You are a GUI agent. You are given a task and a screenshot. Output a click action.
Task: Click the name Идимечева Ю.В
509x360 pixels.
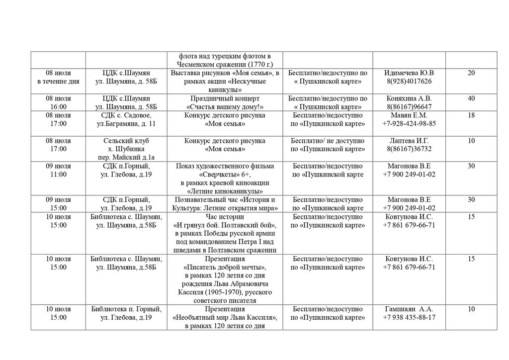click(409, 73)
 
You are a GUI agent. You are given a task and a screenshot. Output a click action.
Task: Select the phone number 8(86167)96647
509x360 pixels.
click(409, 107)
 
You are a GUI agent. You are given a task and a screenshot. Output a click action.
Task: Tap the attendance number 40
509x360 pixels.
click(471, 98)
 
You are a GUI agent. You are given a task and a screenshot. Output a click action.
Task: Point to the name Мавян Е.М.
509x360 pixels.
click(409, 115)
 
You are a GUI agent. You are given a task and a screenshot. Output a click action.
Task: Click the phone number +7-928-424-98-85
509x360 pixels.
click(409, 124)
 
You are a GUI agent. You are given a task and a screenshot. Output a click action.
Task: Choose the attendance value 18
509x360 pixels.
click(471, 115)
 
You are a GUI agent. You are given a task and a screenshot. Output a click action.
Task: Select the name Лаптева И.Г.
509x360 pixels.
click(409, 141)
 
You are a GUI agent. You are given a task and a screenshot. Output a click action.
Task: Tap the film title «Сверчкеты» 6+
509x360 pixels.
click(225, 175)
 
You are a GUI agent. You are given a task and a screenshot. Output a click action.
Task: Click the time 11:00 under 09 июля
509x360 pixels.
click(59, 175)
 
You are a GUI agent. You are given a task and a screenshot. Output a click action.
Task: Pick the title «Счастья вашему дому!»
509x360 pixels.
click(225, 107)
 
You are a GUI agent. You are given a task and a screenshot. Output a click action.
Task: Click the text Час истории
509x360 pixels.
click(225, 217)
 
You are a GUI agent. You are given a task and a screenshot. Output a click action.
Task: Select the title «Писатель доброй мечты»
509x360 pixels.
click(225, 268)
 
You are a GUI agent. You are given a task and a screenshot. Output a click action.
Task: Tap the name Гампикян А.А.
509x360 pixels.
click(409, 309)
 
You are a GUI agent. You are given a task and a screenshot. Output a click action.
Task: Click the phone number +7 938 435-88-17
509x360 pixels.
click(409, 318)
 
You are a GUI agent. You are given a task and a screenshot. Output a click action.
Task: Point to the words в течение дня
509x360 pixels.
click(59, 82)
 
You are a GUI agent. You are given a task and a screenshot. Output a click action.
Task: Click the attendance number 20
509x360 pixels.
click(471, 73)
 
